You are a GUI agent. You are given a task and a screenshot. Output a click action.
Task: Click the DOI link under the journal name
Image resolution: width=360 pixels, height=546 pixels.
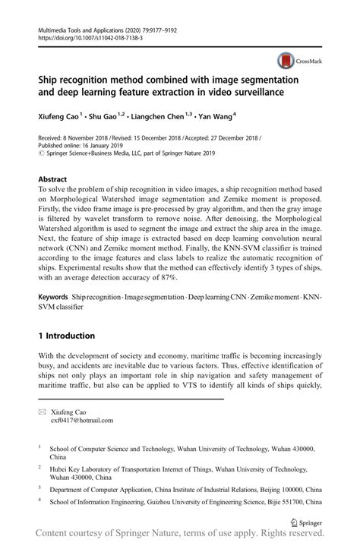(x=81, y=36)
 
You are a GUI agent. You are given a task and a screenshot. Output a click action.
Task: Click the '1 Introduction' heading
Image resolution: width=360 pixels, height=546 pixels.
(x=66, y=335)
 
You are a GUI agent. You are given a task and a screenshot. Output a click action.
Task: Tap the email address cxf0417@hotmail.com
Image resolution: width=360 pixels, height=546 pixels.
(x=81, y=419)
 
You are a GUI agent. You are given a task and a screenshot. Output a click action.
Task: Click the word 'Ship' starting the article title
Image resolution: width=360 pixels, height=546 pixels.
(x=50, y=79)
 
